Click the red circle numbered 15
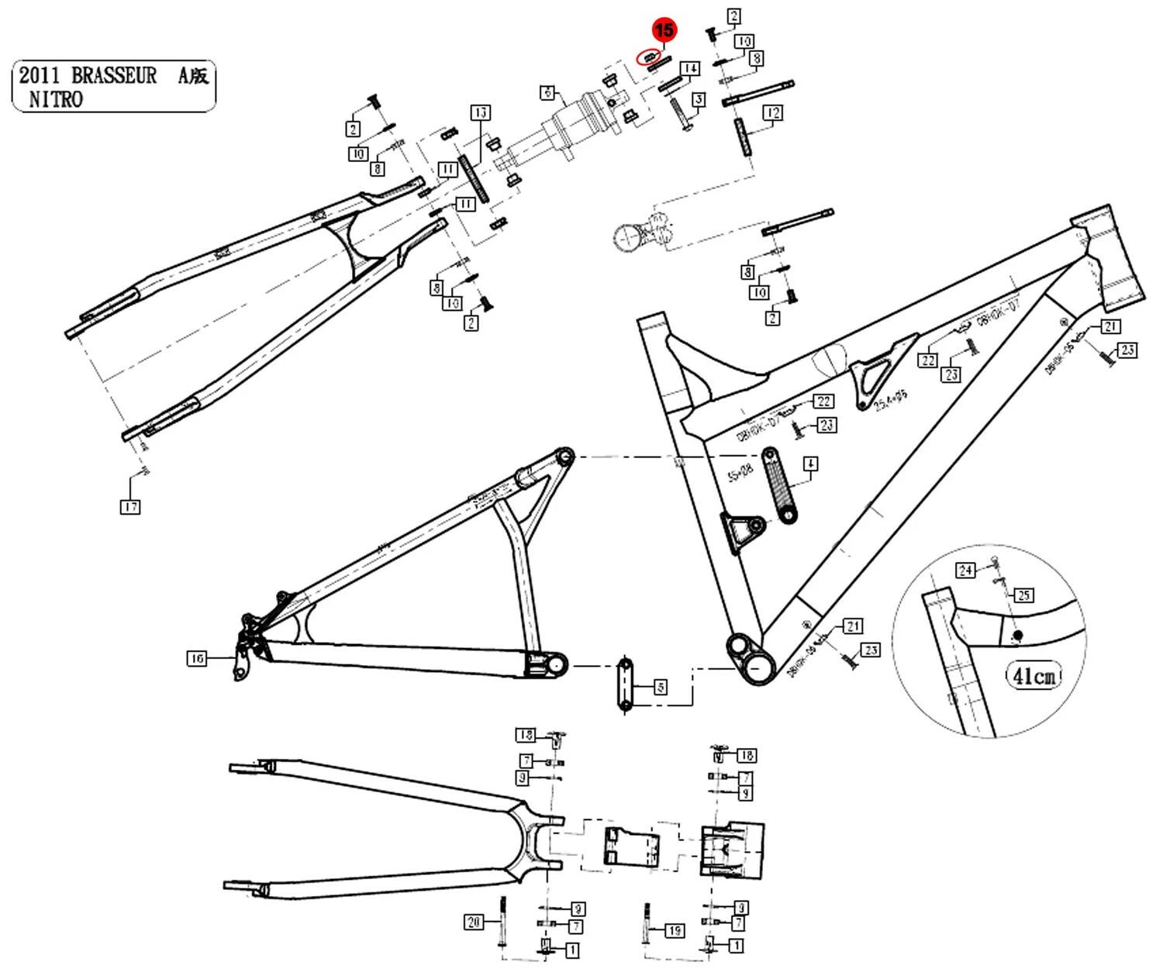point(664,30)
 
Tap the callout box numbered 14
point(691,69)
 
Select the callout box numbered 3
point(699,99)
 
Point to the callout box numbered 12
point(772,113)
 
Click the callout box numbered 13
point(480,113)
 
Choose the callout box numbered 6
point(548,93)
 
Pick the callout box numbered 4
point(809,464)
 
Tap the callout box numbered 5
point(660,687)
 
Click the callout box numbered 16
point(198,658)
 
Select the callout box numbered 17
point(129,507)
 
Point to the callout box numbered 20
point(474,922)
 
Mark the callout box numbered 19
point(675,929)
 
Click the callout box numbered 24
point(964,571)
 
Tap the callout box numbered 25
point(1023,595)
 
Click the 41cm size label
point(1033,676)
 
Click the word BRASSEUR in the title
point(114,76)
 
